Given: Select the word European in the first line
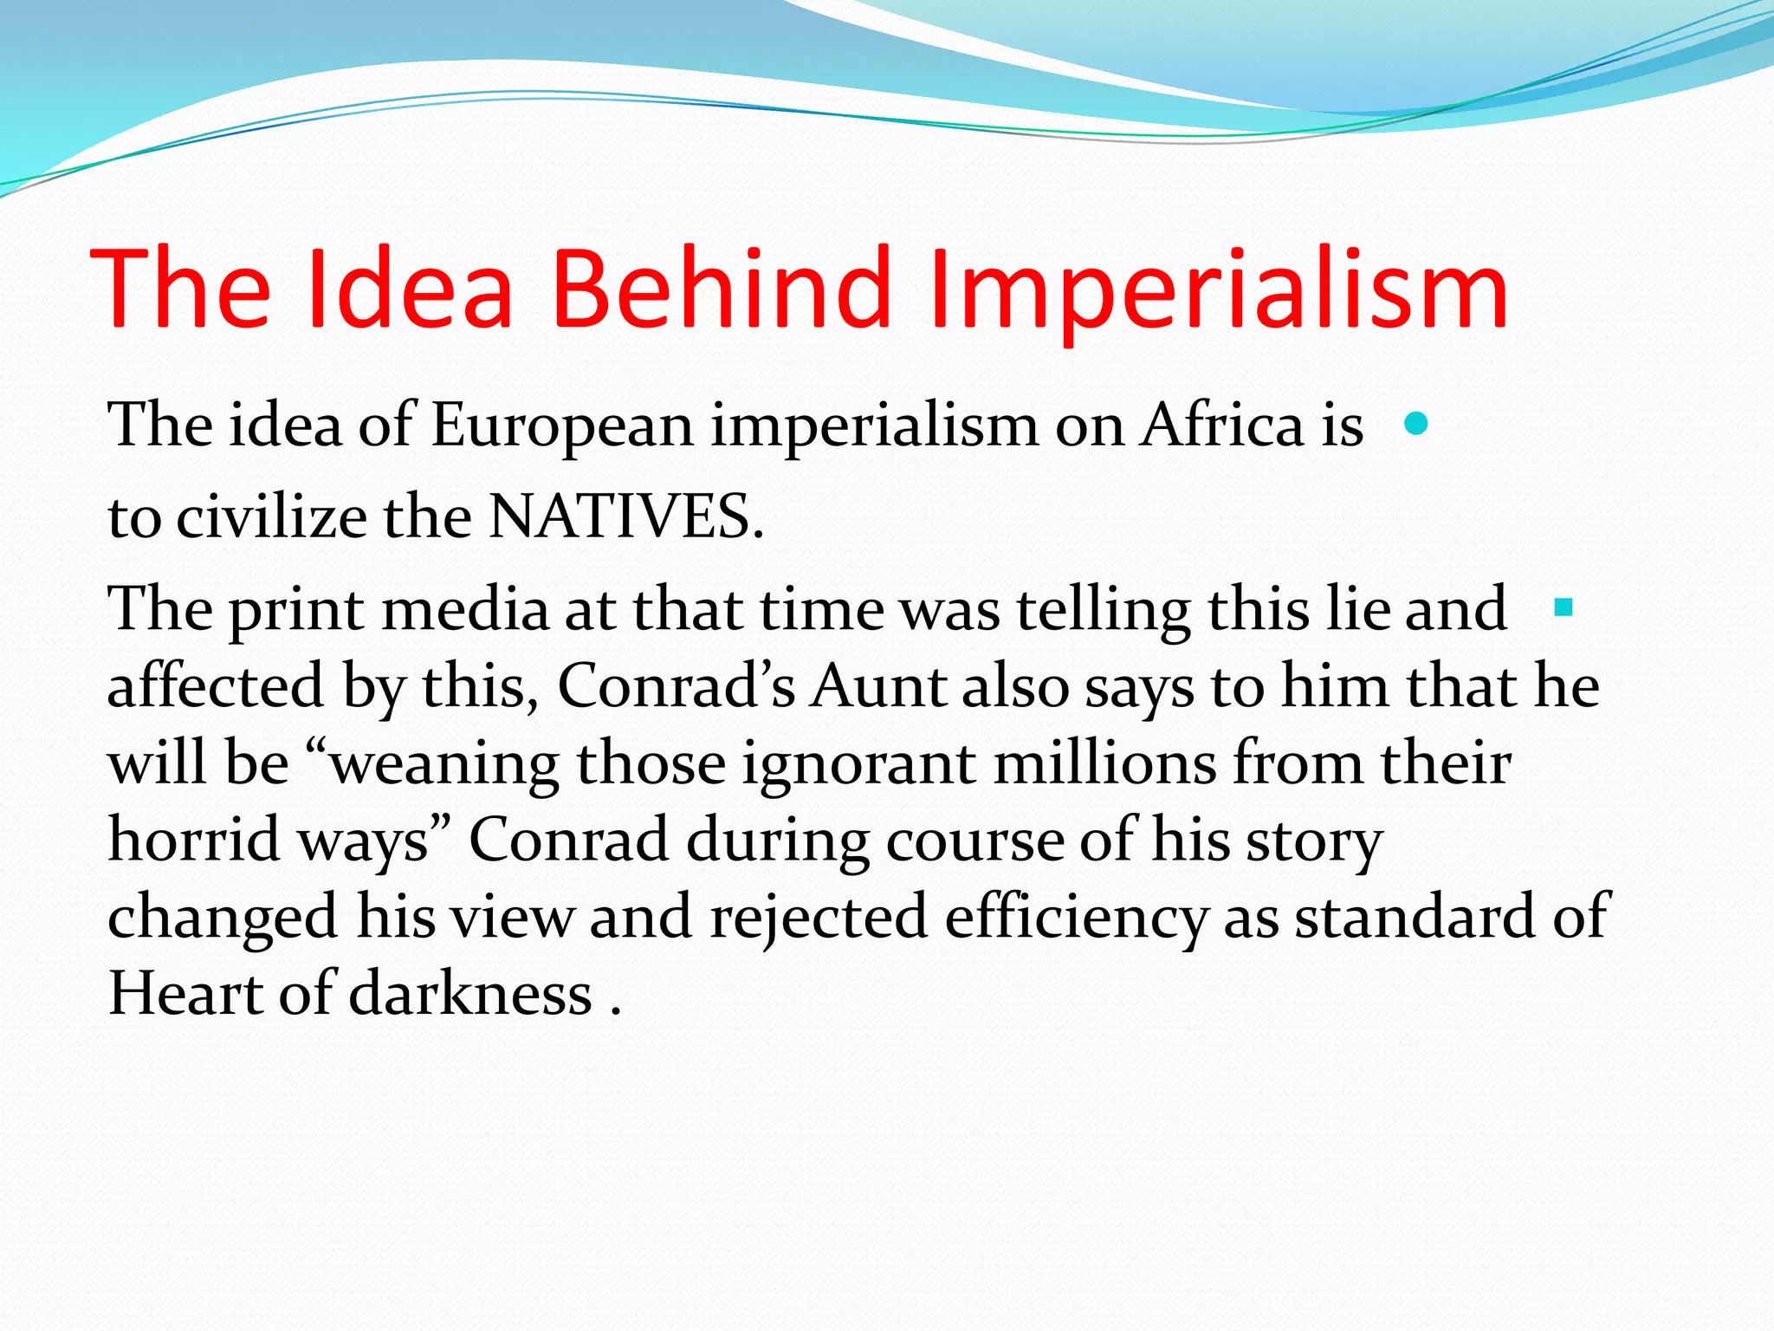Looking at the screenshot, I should coord(562,426).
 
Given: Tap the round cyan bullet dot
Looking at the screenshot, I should coord(1415,424).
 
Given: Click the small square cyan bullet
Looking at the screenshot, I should coord(1564,607).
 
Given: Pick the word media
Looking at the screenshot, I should coord(465,609).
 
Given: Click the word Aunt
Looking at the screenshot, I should coord(877,686).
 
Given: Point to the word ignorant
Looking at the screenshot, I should coord(858,764).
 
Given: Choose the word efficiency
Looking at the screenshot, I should coord(1075,918).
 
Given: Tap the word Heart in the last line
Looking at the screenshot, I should coord(185,993).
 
